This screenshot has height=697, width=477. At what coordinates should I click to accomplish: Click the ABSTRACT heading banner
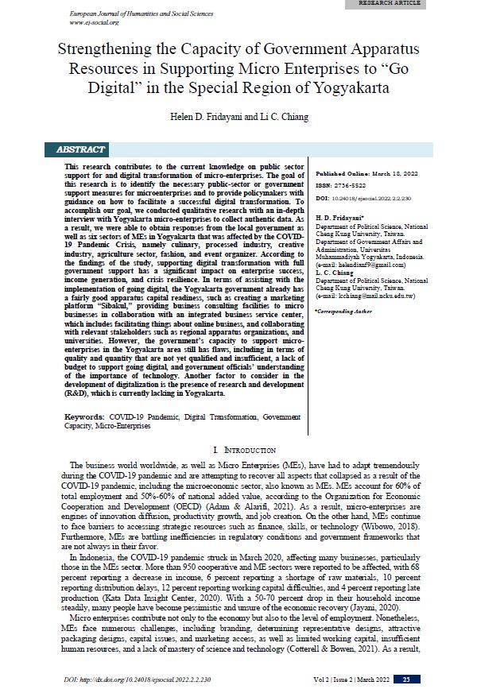pyautogui.click(x=80, y=149)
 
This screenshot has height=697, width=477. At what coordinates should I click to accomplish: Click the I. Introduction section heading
pyautogui.click(x=238, y=451)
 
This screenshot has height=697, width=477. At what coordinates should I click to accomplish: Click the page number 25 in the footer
pyautogui.click(x=406, y=680)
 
